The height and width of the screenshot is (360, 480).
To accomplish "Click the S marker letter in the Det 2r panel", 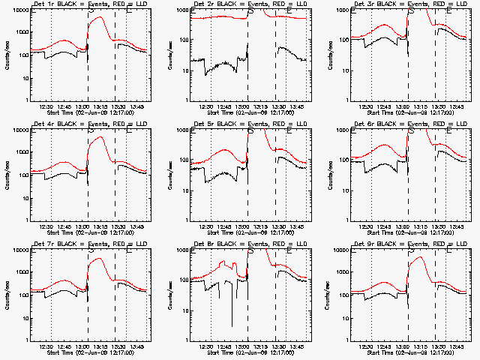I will click(250, 13).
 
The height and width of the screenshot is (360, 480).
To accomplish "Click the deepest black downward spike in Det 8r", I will click(232, 326).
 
